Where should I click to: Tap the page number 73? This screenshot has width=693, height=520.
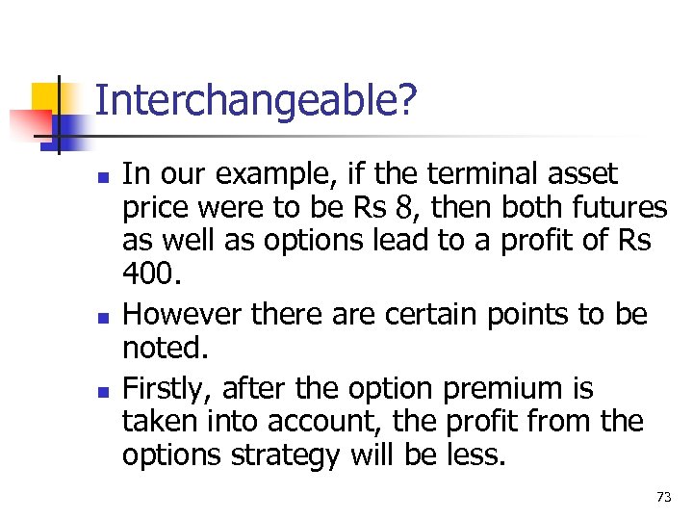tap(663, 497)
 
